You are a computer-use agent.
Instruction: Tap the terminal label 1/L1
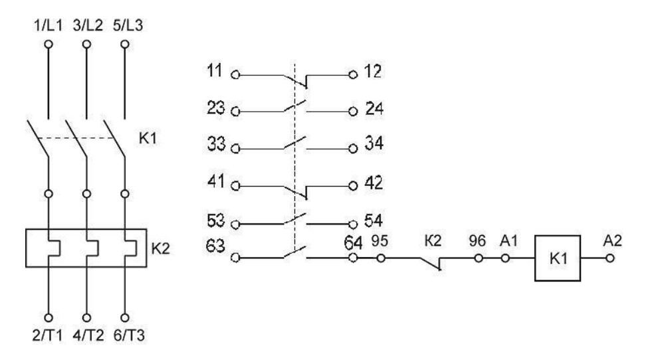(48, 26)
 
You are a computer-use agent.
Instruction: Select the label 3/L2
(88, 26)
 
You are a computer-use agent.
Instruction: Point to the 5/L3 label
(128, 26)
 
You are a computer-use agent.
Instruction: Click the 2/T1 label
(48, 335)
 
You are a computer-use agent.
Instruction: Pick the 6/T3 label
(130, 335)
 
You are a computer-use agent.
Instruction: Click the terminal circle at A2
(610, 258)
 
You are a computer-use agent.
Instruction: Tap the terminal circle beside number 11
(235, 75)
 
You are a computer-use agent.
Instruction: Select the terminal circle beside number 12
(353, 75)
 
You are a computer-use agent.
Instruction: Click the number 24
(374, 109)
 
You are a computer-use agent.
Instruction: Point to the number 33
(216, 144)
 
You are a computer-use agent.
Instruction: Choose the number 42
(374, 183)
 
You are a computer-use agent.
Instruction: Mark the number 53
(216, 221)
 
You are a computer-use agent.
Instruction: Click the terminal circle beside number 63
(235, 258)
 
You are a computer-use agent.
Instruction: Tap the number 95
(379, 240)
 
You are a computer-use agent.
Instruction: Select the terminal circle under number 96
(479, 258)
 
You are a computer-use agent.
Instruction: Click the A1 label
(508, 240)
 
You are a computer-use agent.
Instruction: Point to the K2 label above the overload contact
(433, 240)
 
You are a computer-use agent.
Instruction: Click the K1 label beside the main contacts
(148, 138)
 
